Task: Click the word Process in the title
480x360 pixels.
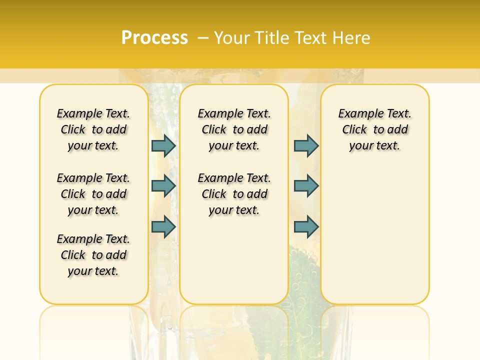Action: click(x=154, y=38)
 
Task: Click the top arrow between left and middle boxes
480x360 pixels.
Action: click(x=163, y=145)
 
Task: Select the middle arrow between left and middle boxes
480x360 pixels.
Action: click(x=163, y=186)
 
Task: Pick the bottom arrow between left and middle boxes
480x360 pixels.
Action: click(x=163, y=226)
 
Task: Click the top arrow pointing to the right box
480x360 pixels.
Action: click(x=306, y=145)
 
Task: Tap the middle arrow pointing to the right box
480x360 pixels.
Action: click(x=306, y=186)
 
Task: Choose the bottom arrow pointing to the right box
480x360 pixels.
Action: click(x=306, y=226)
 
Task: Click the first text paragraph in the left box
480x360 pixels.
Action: click(x=93, y=129)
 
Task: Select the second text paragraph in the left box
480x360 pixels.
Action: click(x=93, y=194)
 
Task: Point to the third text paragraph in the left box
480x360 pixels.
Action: click(x=93, y=255)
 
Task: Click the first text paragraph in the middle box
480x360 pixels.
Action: click(x=234, y=129)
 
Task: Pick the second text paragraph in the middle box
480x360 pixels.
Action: click(x=234, y=194)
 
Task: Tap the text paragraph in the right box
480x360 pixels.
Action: click(x=374, y=129)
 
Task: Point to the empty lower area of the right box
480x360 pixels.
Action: click(x=374, y=235)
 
